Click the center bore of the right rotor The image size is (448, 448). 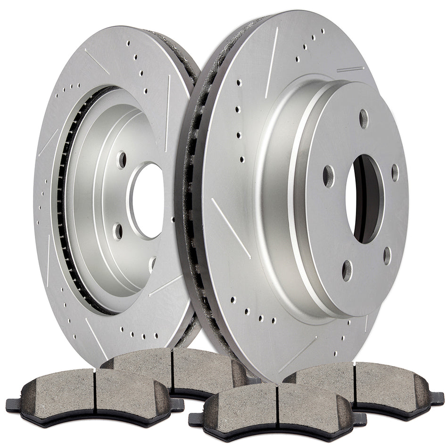364,199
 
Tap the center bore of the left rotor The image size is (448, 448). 148,200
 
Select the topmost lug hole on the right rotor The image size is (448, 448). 364,118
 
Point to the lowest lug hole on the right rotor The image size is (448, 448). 347,270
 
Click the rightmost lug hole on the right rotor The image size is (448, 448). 395,173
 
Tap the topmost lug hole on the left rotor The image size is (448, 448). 122,160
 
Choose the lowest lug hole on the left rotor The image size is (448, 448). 152,264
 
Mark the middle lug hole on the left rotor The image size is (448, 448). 118,231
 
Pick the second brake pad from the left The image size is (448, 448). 174,370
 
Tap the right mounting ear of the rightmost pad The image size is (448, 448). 437,399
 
